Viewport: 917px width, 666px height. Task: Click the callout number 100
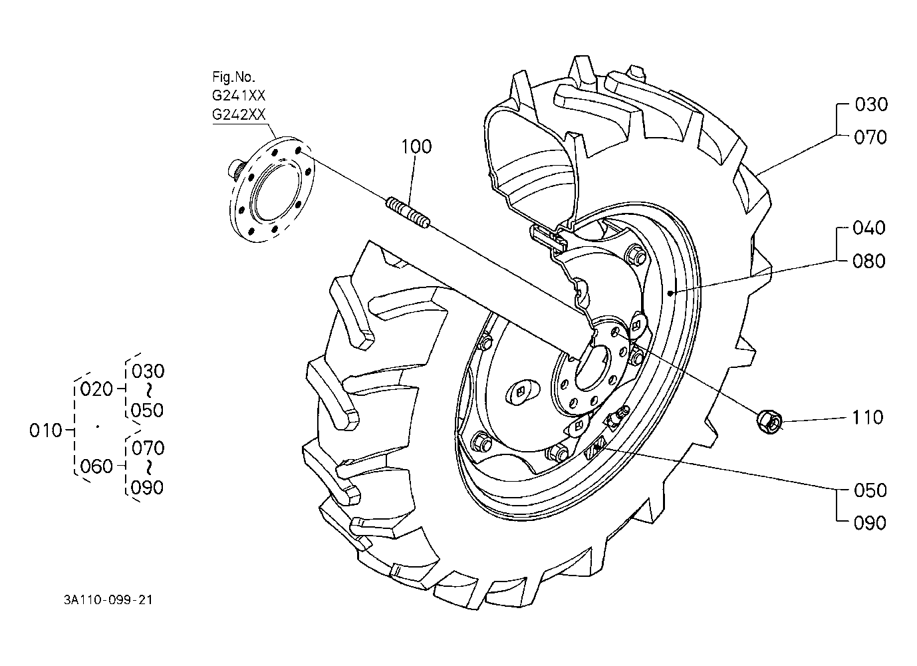pos(416,146)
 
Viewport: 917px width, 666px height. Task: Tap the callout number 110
pos(868,418)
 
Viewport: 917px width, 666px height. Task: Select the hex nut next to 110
pos(769,422)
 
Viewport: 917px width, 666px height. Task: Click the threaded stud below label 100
pos(408,213)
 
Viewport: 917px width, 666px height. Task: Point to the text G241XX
pos(239,96)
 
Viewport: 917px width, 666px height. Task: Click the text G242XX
pos(239,114)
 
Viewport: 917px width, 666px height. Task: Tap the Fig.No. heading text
pos(233,77)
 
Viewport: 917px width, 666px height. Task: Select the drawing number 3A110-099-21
pos(108,600)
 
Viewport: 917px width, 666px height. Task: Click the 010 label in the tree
pos(45,431)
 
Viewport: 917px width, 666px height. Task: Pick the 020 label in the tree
pos(96,389)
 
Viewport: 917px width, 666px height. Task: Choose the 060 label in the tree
pos(96,466)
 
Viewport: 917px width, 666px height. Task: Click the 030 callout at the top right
pos(871,105)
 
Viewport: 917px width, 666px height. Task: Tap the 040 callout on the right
pos(869,228)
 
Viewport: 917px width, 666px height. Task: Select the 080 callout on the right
pos(869,261)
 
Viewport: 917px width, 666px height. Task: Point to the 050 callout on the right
pos(870,490)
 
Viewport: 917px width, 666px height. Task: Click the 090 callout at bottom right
pos(870,524)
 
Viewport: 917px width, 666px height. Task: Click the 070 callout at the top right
pos(870,138)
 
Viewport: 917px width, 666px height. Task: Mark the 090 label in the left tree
pos(148,488)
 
